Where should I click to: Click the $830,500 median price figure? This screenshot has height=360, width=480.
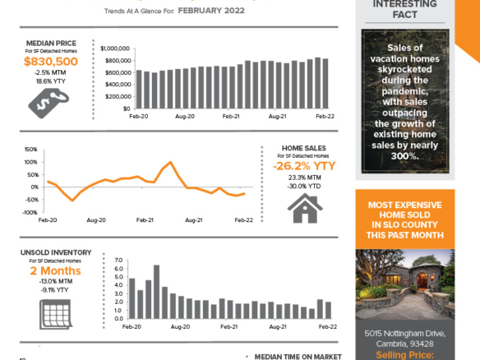[x=51, y=61]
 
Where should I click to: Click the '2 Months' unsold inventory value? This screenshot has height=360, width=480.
[x=55, y=270]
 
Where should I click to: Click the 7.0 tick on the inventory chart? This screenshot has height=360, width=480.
[x=118, y=261]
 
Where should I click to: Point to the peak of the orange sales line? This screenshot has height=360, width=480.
[x=170, y=162]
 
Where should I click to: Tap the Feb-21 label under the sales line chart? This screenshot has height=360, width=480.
[x=145, y=220]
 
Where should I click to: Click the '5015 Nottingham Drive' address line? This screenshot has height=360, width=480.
[x=405, y=333]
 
